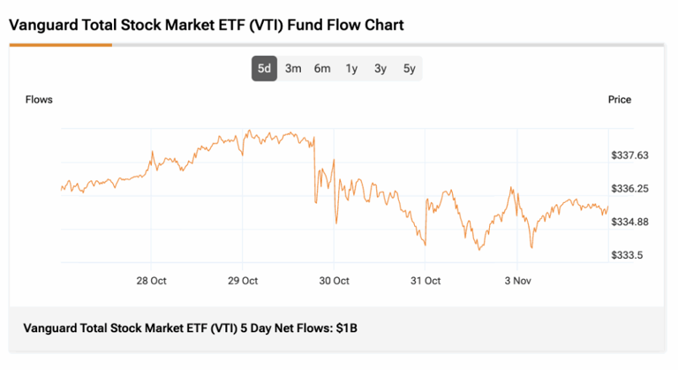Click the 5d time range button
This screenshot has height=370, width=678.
tap(265, 68)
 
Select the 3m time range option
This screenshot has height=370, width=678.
tap(293, 68)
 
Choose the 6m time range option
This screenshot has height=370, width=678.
tap(322, 68)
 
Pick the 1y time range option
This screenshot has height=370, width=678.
tap(351, 68)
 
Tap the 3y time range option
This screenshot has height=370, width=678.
tap(380, 68)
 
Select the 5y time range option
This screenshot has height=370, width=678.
tap(409, 68)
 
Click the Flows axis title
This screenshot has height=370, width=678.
tap(39, 100)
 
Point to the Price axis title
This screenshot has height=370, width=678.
tap(620, 100)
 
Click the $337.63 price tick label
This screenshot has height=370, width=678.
tap(629, 155)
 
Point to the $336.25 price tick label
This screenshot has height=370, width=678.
tap(629, 189)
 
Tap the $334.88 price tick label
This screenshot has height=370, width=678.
tap(629, 222)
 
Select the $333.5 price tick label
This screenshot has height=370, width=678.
tap(627, 255)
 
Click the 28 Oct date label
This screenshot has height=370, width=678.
tap(151, 281)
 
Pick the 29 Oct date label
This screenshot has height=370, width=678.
tap(243, 281)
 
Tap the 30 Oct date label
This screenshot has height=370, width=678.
tap(334, 281)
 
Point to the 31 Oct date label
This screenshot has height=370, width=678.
tap(426, 281)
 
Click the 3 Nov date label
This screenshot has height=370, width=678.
tap(517, 281)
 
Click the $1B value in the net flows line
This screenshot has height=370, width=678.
tap(346, 328)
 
